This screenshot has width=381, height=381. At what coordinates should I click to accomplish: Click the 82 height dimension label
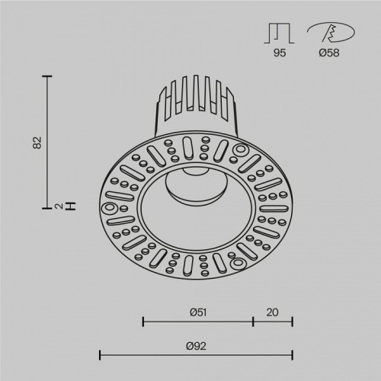pos(35,142)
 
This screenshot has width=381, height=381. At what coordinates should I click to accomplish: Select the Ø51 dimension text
pos(197,311)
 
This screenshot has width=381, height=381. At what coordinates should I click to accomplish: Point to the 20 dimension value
pos(273,311)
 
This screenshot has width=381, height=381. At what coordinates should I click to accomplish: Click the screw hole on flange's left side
pos(109,207)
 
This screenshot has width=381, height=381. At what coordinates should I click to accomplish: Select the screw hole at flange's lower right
pos(236,263)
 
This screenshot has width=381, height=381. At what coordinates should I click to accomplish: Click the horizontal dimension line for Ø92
pos(197,354)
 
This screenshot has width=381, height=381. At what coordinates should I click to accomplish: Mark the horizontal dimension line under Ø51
pos(197,322)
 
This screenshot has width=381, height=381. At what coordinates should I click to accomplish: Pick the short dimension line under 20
pos(273,322)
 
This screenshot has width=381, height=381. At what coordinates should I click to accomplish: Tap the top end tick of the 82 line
pos(50,76)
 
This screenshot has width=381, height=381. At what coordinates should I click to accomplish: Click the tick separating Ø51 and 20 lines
pos(253,322)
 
